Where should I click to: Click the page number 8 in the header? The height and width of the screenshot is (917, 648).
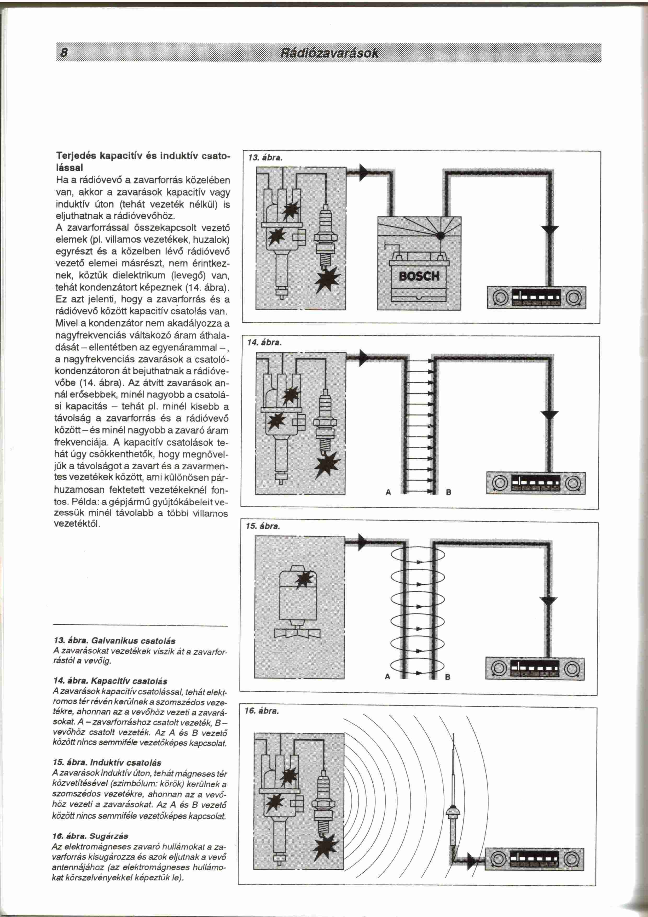[63, 53]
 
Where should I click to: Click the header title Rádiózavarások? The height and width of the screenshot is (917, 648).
[329, 53]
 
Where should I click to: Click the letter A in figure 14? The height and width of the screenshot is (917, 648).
[388, 492]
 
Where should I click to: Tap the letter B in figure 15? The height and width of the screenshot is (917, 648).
[447, 677]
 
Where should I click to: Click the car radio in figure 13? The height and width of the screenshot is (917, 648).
[536, 298]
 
